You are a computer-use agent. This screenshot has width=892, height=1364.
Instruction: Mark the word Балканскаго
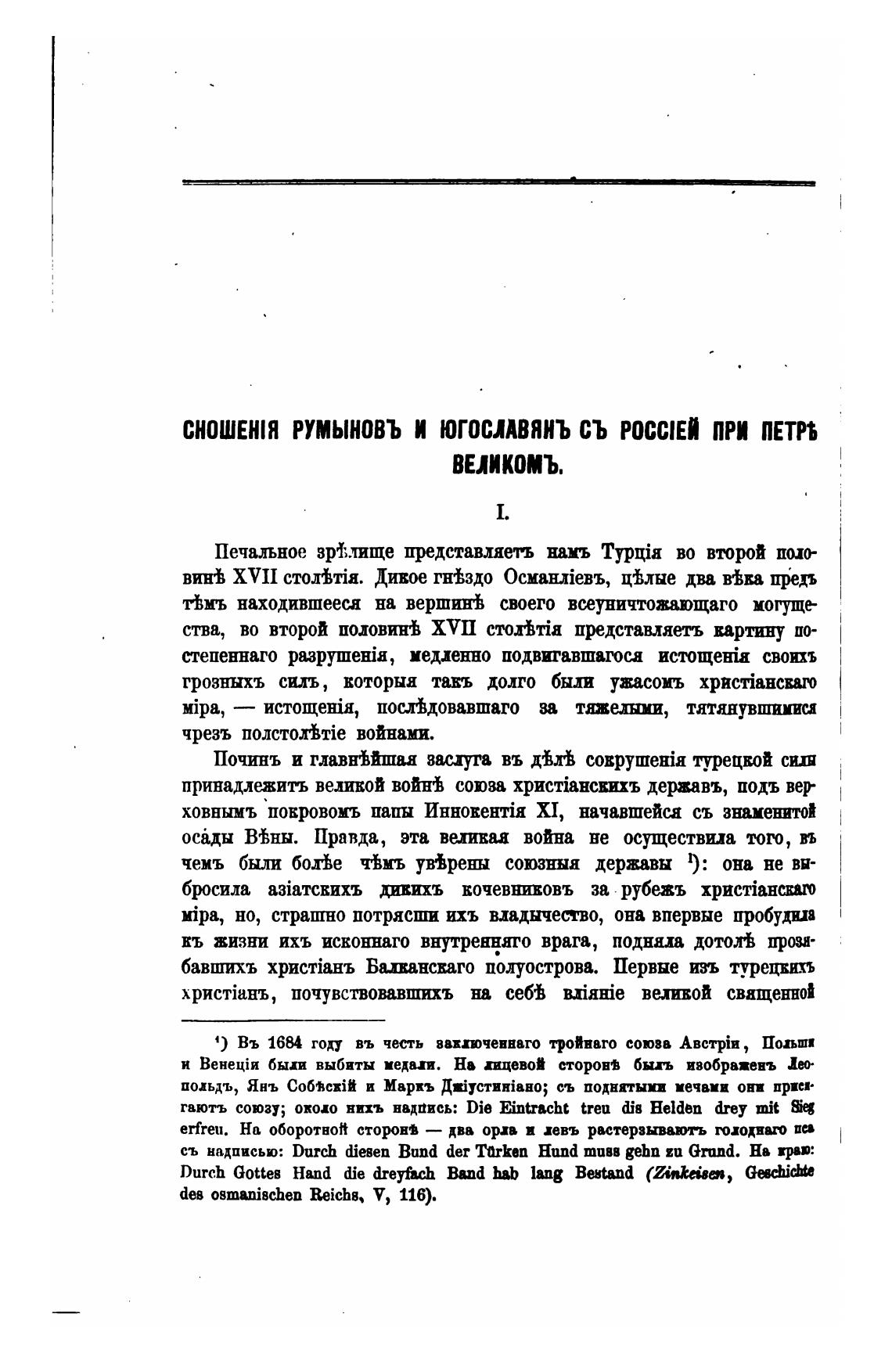coord(419,967)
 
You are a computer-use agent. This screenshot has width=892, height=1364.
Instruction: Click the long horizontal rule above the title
coord(498,182)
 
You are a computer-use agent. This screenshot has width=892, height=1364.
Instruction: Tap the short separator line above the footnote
coord(282,1020)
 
